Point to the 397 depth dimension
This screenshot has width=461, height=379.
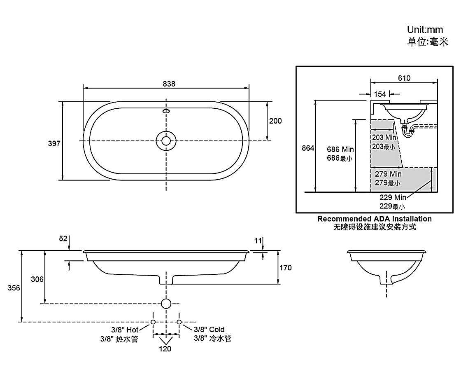click(54, 144)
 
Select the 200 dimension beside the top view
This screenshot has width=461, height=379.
click(275, 121)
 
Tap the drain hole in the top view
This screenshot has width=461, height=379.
click(166, 140)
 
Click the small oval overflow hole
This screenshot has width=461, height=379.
click(166, 111)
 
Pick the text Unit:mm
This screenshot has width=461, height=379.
click(425, 30)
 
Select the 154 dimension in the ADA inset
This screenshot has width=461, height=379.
click(380, 94)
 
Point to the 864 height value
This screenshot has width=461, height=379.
click(308, 148)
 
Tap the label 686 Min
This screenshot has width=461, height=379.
click(340, 150)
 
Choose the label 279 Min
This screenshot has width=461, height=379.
click(388, 174)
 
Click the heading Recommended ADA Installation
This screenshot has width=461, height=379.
click(374, 219)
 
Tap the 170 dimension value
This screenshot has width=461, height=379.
click(285, 268)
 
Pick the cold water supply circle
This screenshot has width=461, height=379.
click(179, 322)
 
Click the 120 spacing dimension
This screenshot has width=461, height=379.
click(165, 349)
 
